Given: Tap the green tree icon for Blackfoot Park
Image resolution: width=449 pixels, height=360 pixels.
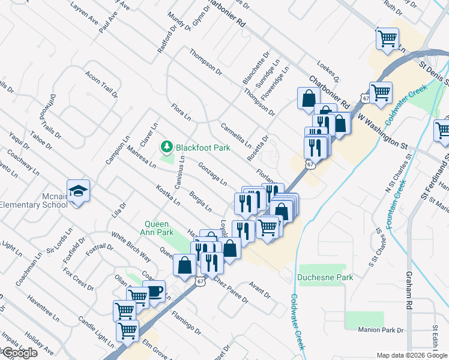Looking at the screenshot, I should point(166,146).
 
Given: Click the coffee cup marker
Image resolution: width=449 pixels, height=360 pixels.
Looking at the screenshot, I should point(155,292).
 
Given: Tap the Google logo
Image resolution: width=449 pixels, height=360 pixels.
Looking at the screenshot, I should point(19,353).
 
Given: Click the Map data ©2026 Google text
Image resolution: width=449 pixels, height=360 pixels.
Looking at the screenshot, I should point(412,355).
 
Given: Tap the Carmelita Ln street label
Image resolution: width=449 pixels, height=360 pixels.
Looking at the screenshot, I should point(235,136).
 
